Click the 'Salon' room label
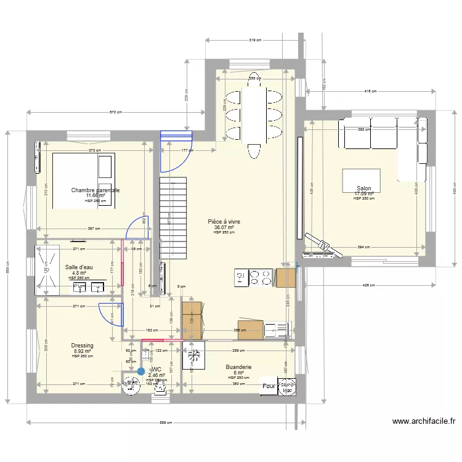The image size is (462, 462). (363, 188)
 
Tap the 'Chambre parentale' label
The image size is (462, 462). (95, 190)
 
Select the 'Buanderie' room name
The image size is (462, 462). (238, 367)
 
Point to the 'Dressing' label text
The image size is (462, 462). (82, 346)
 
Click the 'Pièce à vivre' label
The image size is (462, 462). (224, 221)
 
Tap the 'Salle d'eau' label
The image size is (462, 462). (79, 267)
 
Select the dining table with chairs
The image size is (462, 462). (254, 114)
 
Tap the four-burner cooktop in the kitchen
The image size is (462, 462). (261, 278)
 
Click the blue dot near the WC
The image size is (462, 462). (141, 371)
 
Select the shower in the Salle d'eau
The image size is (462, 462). (47, 268)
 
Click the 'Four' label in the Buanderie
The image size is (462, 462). (269, 387)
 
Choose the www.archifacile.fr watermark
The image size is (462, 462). (424, 422)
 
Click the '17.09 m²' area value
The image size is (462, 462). (363, 194)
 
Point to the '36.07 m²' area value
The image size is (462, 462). (224, 227)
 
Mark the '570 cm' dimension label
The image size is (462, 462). (116, 113)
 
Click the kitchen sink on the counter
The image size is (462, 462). (277, 330)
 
